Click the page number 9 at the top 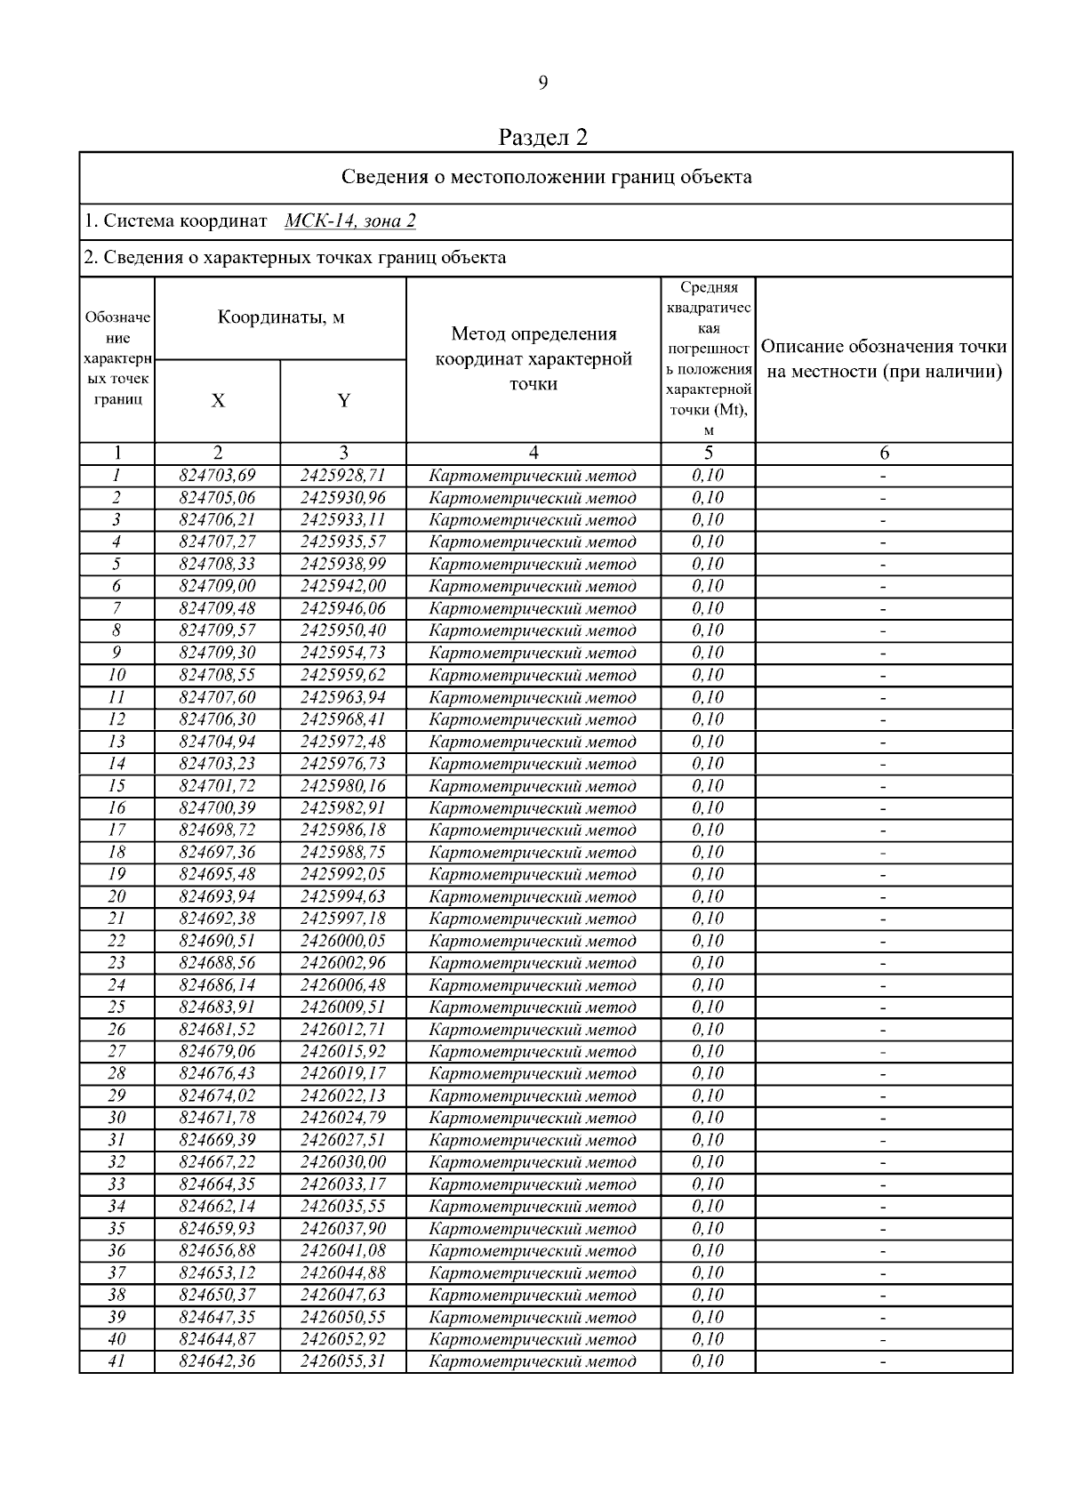[542, 84]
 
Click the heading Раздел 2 [543, 137]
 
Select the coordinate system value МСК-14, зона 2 [350, 221]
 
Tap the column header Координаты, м [281, 317]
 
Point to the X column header [218, 401]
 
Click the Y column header [343, 401]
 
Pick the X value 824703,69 [218, 476]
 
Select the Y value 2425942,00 [343, 586]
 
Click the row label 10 [116, 675]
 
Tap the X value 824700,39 [218, 807]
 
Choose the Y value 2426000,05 [343, 941]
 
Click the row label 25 [116, 1007]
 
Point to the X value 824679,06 [218, 1051]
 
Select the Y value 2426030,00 [343, 1162]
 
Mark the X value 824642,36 [218, 1361]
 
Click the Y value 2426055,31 [343, 1361]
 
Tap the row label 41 [116, 1361]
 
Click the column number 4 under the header [533, 454]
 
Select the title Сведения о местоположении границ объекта [546, 177]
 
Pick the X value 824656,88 [218, 1250]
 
